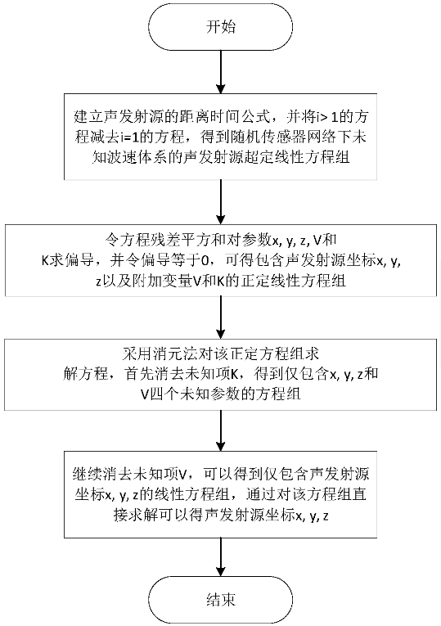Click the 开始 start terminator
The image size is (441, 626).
[220, 27]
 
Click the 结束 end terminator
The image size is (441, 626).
[220, 599]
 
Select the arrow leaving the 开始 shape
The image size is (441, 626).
[220, 72]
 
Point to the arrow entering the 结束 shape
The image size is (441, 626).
[220, 556]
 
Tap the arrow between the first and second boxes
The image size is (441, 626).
[220, 202]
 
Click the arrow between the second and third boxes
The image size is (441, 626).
[220, 318]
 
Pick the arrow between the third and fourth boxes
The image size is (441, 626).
[220, 430]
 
